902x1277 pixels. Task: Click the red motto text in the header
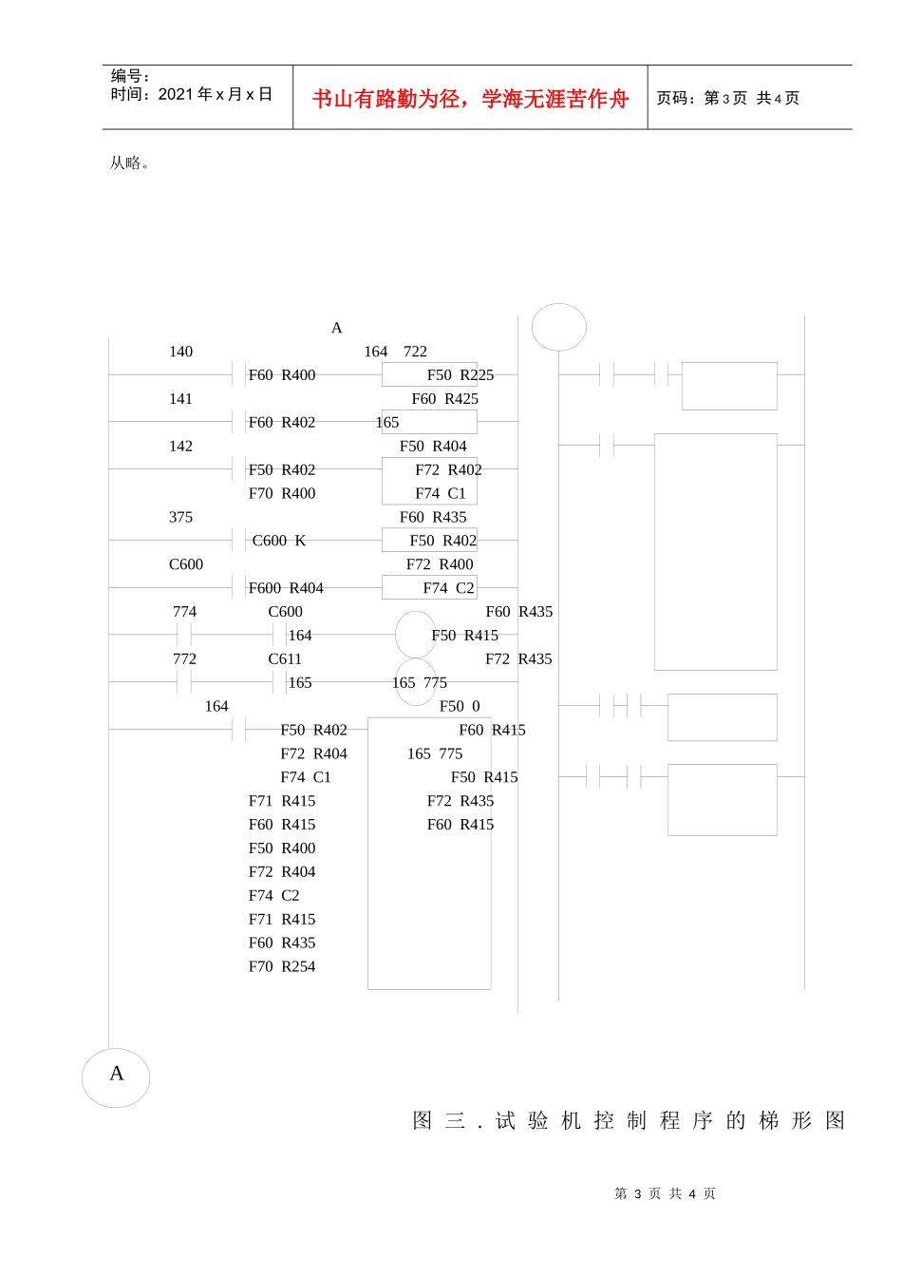coord(470,99)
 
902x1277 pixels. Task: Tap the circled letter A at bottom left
coord(116,1077)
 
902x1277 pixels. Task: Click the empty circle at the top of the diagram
coord(558,327)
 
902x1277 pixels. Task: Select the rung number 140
coord(180,352)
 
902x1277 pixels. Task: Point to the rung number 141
coord(180,398)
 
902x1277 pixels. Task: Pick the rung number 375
coord(180,517)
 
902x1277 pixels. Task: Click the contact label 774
coord(184,612)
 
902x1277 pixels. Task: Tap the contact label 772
coord(184,659)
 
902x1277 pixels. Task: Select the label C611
coord(285,659)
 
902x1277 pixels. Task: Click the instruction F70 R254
coord(282,966)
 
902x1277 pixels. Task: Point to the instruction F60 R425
coord(445,398)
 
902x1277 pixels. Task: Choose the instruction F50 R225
coord(460,375)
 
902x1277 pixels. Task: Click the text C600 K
coord(279,541)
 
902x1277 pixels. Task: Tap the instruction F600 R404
coord(286,588)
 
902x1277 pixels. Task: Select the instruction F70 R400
coord(282,493)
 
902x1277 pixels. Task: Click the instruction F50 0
coord(460,706)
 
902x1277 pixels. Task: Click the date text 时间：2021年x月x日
coord(192,94)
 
